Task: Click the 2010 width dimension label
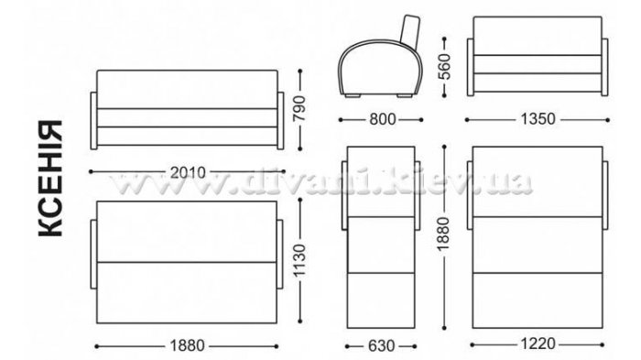[x=188, y=172]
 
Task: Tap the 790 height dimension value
[x=300, y=108]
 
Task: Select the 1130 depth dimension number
[x=299, y=260]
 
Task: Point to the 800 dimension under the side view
[x=383, y=119]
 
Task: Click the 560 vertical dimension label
[x=444, y=66]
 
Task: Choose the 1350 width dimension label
[x=538, y=119]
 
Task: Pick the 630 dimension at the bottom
[x=382, y=346]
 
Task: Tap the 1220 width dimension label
[x=538, y=344]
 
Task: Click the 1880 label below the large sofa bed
[x=187, y=346]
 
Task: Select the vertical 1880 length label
[x=443, y=234]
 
